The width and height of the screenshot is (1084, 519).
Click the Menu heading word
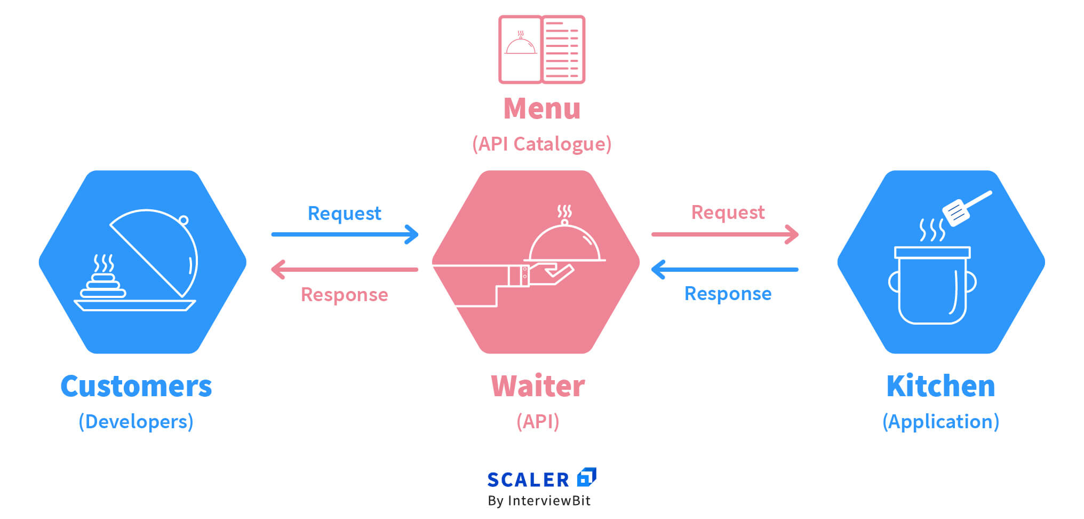tap(542, 108)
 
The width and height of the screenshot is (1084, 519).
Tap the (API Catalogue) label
tap(542, 144)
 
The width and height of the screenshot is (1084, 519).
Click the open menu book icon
tap(542, 50)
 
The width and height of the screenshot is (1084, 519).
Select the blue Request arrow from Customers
tap(345, 234)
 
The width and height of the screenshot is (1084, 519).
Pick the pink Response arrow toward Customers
tap(345, 270)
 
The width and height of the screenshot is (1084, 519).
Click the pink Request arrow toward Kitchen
tap(724, 234)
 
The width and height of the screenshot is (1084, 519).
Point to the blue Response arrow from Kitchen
tap(724, 270)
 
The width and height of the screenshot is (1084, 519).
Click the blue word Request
tap(345, 214)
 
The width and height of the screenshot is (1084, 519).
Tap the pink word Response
tap(345, 295)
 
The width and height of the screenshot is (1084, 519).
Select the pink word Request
tap(728, 213)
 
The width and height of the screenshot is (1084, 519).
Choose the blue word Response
tap(728, 294)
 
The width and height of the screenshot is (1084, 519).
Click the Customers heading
tap(136, 386)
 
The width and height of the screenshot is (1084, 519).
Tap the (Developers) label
tap(136, 421)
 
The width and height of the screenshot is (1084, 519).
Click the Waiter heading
tap(538, 386)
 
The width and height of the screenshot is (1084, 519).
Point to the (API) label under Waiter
tap(538, 421)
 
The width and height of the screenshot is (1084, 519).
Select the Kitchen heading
tap(940, 386)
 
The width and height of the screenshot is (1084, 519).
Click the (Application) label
tap(940, 421)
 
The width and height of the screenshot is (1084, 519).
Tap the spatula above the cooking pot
tap(966, 208)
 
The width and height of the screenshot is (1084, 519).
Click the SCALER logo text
tap(528, 479)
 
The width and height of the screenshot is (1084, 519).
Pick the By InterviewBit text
tap(539, 501)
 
